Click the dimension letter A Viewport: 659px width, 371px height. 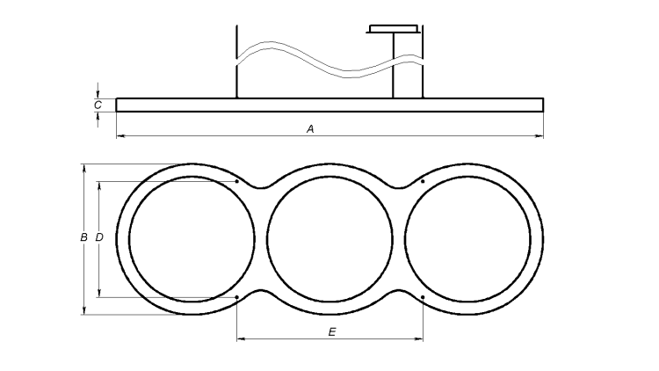tap(310, 128)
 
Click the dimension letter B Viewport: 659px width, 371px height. tap(83, 237)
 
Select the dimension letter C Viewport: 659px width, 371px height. tap(98, 105)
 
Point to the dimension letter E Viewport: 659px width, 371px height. tap(331, 331)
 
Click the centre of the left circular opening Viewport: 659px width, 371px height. tap(192, 238)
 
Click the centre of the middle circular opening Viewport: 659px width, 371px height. tap(329, 238)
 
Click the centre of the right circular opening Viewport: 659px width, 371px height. tap(467, 238)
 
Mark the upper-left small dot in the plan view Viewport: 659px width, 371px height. tap(237, 182)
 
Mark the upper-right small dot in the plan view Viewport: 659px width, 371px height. tap(423, 182)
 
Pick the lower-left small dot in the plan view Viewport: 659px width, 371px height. tap(237, 297)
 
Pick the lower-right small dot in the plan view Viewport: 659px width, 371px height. tap(423, 297)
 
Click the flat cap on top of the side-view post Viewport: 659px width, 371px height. tap(394, 29)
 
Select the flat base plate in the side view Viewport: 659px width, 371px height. tap(329, 105)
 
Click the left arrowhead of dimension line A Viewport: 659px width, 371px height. tap(119, 135)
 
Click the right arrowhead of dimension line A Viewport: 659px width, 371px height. tap(540, 135)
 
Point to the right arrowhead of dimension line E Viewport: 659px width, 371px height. tap(420, 339)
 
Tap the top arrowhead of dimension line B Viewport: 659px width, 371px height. tap(83, 167)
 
